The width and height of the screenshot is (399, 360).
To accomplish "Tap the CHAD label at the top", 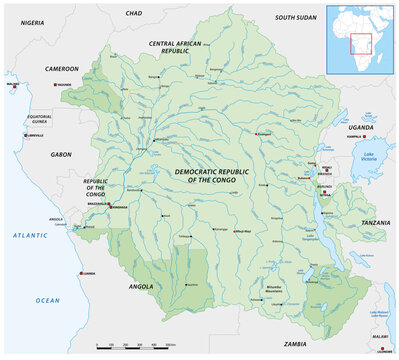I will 134,13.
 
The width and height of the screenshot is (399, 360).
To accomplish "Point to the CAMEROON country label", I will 61,68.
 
